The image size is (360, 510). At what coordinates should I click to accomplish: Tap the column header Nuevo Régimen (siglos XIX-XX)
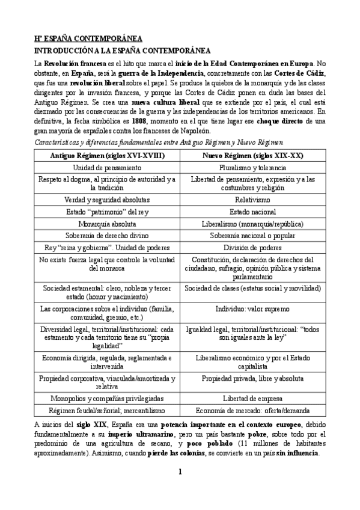pyautogui.click(x=252, y=155)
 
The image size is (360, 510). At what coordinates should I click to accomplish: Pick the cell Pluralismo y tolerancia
pyautogui.click(x=252, y=167)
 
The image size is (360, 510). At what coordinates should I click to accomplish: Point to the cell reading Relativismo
pyautogui.click(x=252, y=199)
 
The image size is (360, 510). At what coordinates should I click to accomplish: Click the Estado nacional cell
pyautogui.click(x=252, y=211)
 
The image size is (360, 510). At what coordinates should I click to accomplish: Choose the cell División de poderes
pyautogui.click(x=252, y=247)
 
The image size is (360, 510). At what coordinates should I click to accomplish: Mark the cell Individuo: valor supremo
pyautogui.click(x=252, y=309)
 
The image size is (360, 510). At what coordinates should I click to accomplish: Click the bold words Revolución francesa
pyautogui.click(x=76, y=63)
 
